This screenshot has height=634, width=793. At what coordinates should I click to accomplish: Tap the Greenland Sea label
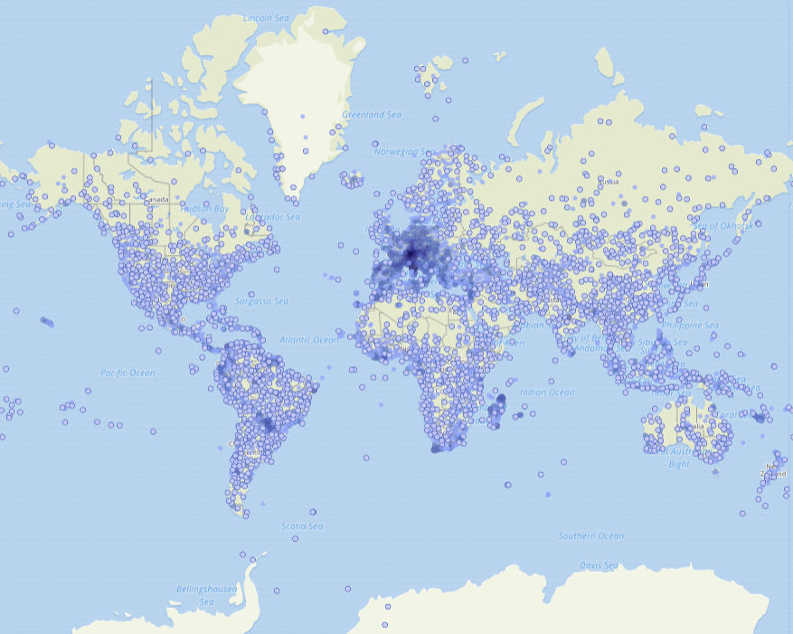click(x=371, y=116)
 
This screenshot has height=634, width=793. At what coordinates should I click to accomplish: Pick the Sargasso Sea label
click(x=261, y=301)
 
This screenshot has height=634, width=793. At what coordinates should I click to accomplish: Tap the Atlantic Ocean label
click(x=308, y=340)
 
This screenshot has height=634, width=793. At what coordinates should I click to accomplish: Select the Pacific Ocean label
click(x=127, y=373)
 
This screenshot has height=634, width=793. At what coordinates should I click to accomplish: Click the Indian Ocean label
click(x=547, y=393)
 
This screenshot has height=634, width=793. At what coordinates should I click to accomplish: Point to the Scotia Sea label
click(x=301, y=526)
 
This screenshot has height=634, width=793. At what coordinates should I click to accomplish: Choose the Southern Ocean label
click(x=590, y=536)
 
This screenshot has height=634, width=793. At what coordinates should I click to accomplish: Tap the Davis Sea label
click(x=598, y=566)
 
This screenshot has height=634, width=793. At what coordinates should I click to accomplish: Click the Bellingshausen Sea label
click(x=206, y=595)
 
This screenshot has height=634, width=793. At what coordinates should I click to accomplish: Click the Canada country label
click(x=156, y=199)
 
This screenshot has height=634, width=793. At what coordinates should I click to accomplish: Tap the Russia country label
click(x=609, y=181)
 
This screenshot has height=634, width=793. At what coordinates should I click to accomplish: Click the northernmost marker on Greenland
click(x=325, y=32)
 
